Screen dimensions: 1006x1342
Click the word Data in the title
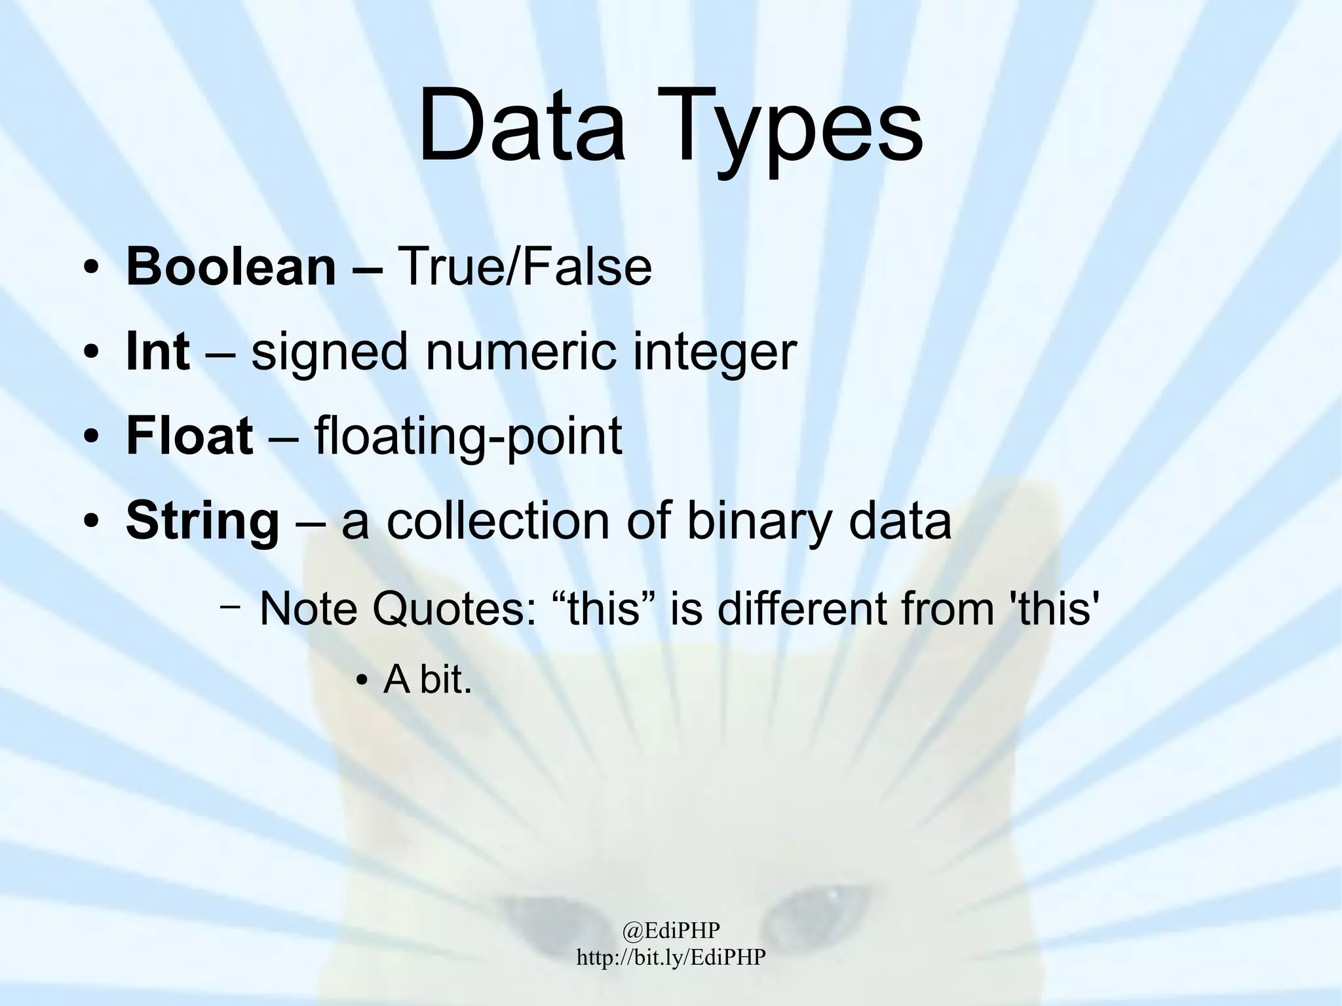(x=521, y=126)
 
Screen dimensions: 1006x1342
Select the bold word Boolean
(x=231, y=267)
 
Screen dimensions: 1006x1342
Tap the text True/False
(x=525, y=267)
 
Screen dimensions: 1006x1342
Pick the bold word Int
(x=158, y=351)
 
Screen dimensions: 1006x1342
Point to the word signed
(x=330, y=353)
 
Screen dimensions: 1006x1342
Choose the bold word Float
(x=189, y=436)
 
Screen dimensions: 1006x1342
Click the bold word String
(x=202, y=522)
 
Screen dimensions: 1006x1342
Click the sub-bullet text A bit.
(x=427, y=680)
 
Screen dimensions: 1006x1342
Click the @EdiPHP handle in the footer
(x=671, y=930)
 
